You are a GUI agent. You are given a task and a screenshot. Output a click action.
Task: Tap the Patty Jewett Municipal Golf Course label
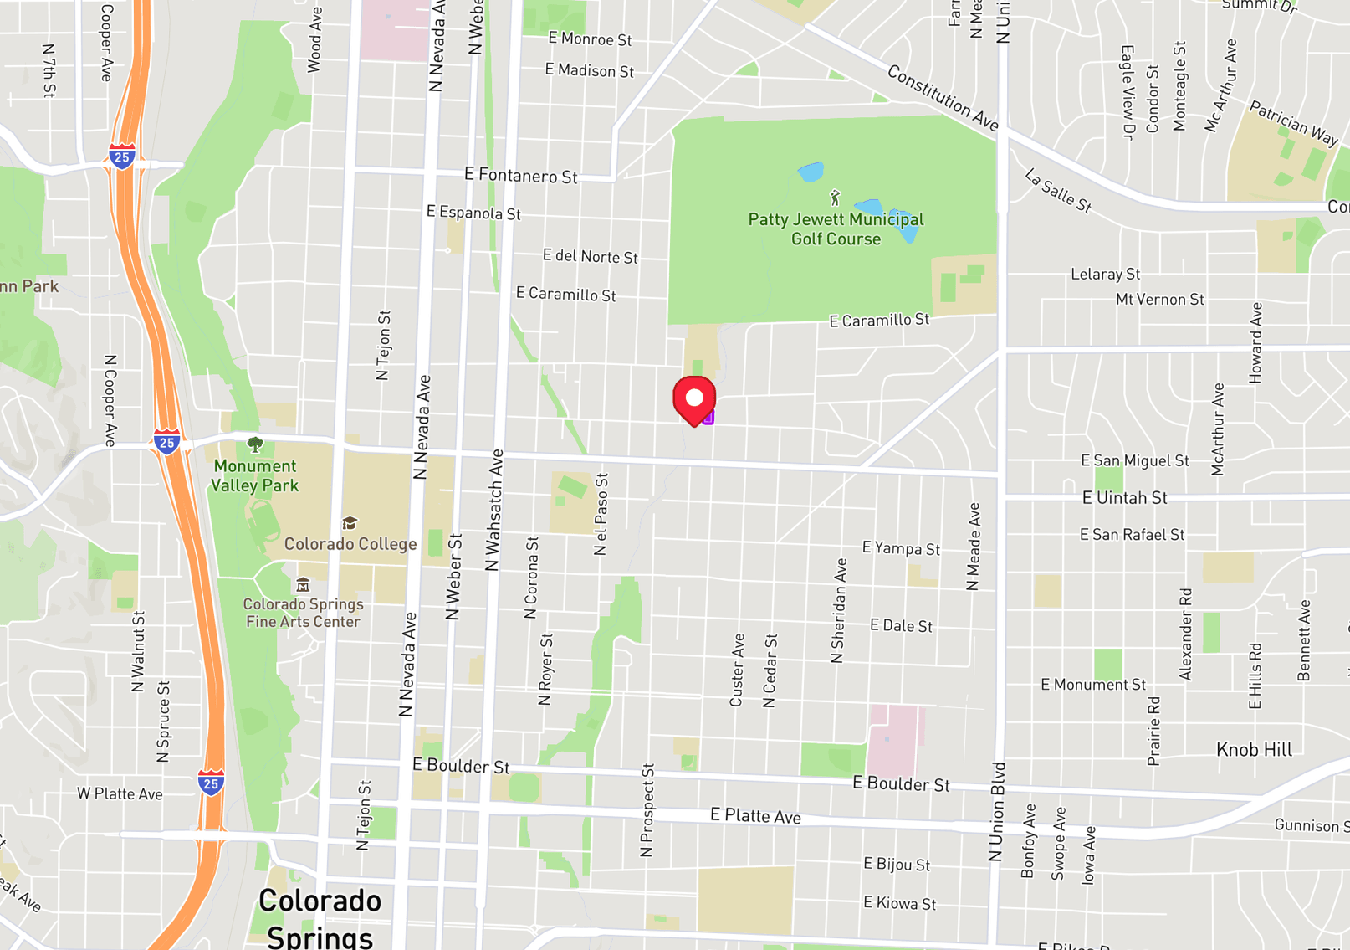[x=836, y=229]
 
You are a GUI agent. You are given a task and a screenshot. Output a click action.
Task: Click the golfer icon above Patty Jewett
[x=835, y=198]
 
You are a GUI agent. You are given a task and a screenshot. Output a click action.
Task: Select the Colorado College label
[x=350, y=544]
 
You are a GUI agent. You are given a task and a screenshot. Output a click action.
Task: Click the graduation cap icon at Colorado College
[x=350, y=523]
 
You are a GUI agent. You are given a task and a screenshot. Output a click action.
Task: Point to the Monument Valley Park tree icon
[x=255, y=444]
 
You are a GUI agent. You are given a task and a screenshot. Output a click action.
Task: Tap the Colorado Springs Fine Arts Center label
[x=303, y=613]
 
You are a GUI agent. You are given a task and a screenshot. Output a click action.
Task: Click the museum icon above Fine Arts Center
[x=303, y=584]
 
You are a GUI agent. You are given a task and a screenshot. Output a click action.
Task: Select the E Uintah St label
[x=1124, y=498]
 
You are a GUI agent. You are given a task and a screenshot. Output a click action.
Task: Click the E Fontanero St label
[x=520, y=176]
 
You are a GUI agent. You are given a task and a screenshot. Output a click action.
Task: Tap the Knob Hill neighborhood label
[x=1254, y=750]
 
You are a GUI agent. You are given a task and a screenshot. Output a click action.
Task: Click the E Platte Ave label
[x=755, y=816]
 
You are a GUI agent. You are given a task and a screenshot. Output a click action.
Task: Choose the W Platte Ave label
[x=120, y=794]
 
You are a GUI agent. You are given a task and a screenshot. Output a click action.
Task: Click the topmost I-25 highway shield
[x=122, y=157]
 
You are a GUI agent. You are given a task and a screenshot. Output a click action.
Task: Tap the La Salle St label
[x=1058, y=192]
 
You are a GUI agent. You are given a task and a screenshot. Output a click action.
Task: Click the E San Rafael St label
[x=1132, y=535]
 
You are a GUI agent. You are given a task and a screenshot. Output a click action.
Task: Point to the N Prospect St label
[x=647, y=810]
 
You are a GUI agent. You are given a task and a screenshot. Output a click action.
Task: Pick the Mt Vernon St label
[x=1159, y=300]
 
